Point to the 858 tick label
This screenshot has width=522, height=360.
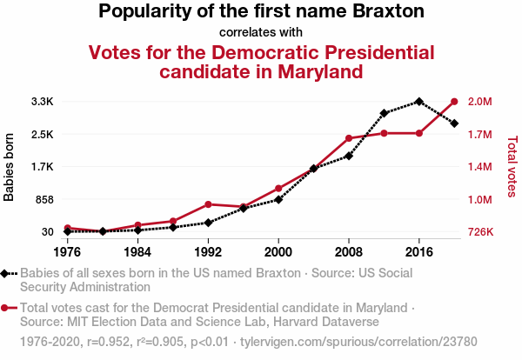click(43, 199)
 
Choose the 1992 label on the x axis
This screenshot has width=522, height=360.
click(208, 252)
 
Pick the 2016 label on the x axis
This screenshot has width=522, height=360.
click(419, 252)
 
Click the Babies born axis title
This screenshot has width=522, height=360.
click(10, 167)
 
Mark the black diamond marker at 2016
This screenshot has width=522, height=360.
click(419, 102)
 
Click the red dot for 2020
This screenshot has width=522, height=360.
click(454, 102)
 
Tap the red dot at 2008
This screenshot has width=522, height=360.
click(349, 138)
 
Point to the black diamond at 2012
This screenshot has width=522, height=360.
click(384, 113)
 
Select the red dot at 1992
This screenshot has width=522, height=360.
click(208, 204)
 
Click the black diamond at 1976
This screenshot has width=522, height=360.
click(68, 231)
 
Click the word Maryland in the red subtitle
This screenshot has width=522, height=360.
click(317, 71)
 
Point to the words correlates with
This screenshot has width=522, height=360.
click(261, 32)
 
